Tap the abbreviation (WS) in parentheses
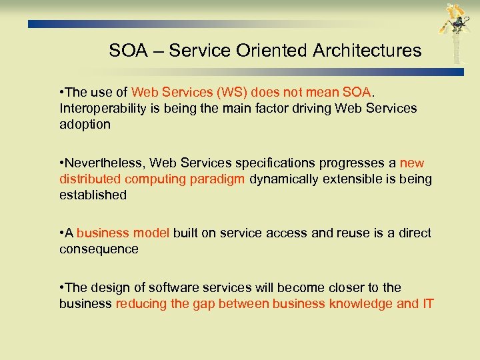point(223,93)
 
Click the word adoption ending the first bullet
point(85,125)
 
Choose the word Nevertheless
point(105,163)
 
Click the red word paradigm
point(221,179)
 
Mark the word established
point(93,195)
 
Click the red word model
point(153,233)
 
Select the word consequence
point(99,249)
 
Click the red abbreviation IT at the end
point(427,304)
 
